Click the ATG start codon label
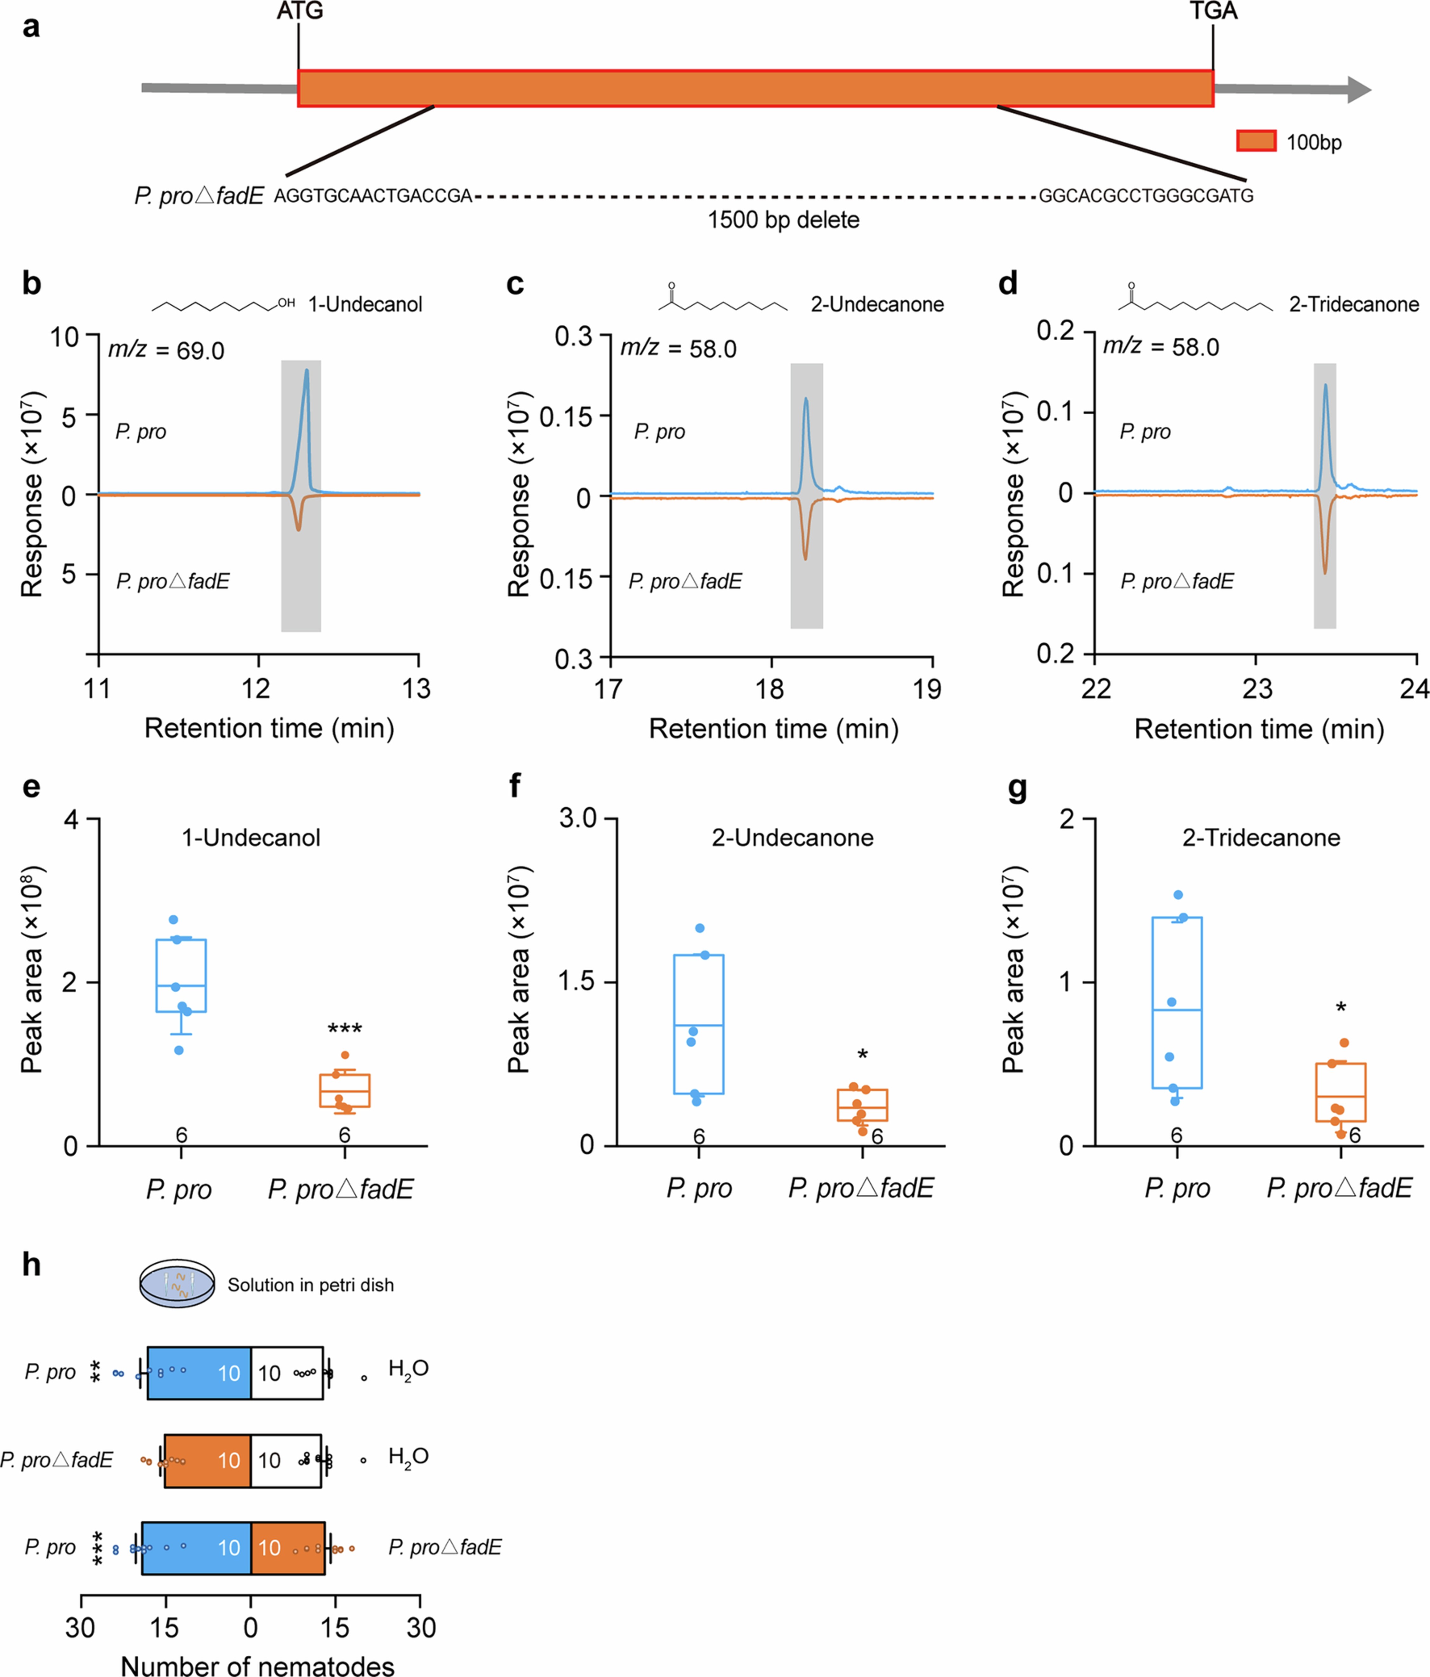click(299, 11)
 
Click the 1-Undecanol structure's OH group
click(287, 303)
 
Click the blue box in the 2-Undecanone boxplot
click(698, 1024)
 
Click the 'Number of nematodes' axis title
click(257, 1665)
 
